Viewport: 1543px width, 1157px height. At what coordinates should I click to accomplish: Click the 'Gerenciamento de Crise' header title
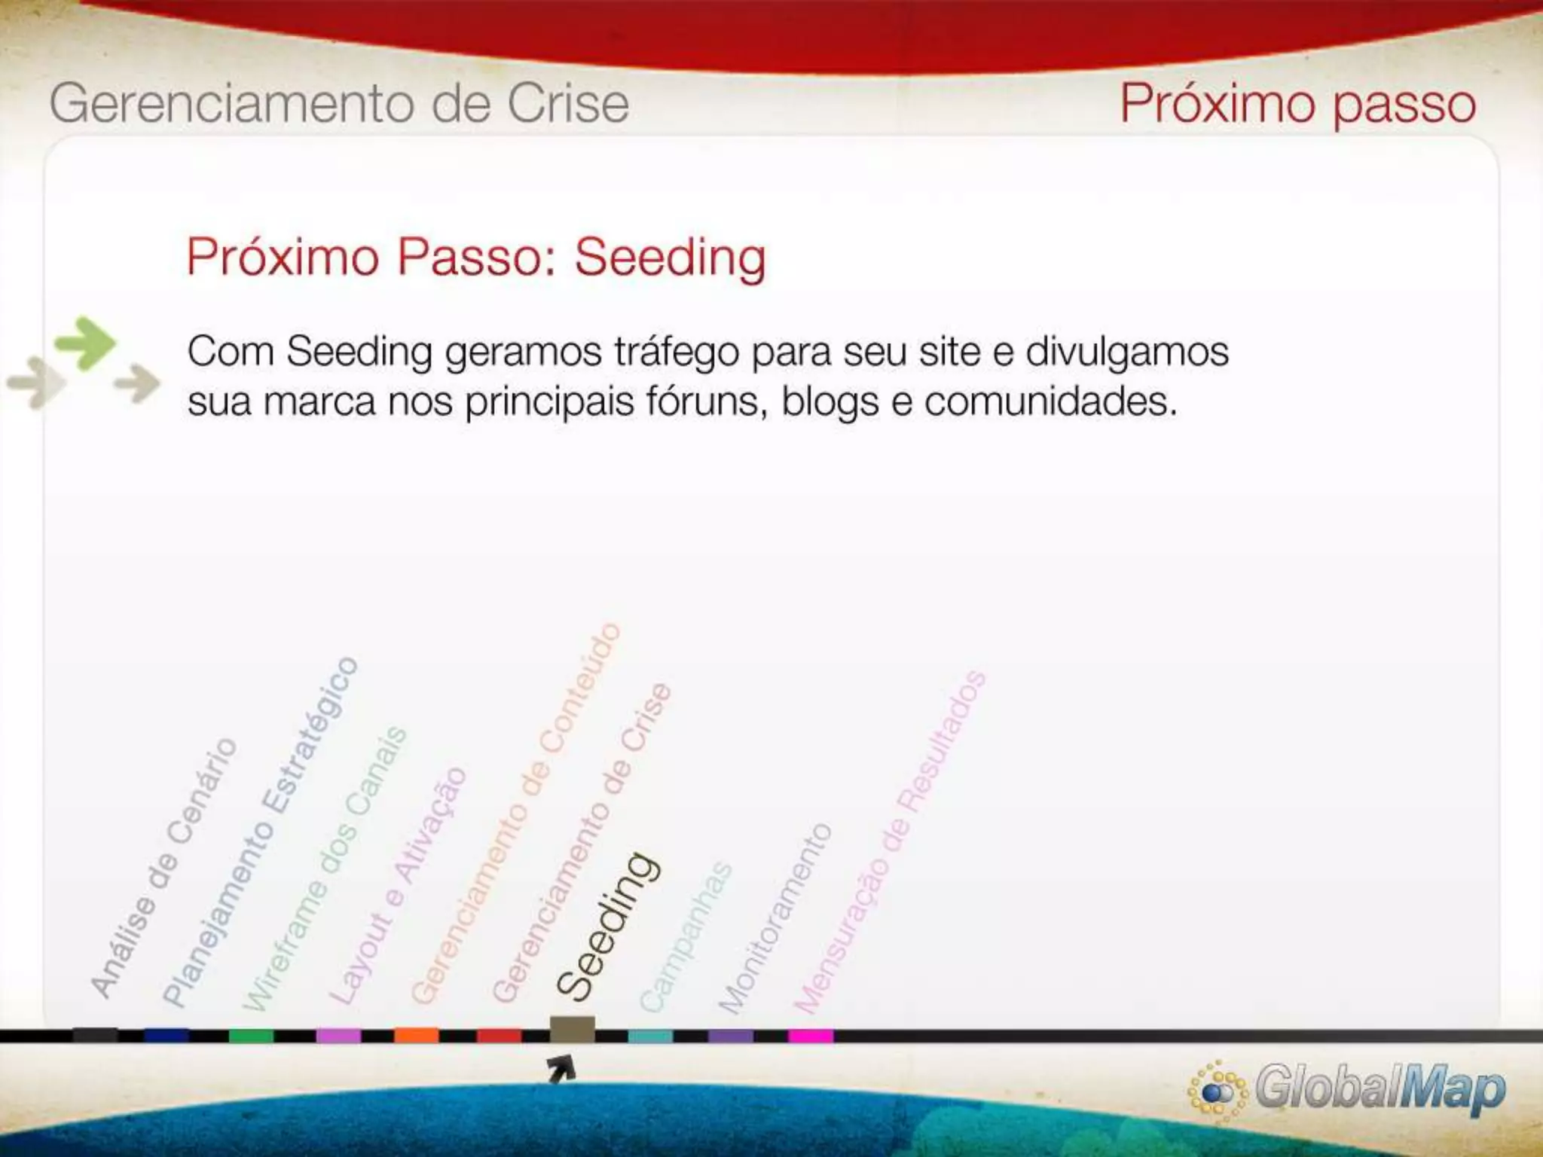tap(339, 103)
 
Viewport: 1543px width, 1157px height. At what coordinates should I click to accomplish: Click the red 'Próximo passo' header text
tap(1297, 103)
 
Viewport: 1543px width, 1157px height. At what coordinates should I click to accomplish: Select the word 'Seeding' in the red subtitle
tap(670, 258)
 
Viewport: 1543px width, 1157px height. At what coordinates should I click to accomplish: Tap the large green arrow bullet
tap(86, 343)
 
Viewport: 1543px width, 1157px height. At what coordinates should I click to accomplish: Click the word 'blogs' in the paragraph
tap(830, 401)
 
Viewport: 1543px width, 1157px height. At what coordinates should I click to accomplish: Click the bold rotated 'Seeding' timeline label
tap(608, 927)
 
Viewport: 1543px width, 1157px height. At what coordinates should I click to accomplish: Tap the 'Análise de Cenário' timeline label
tap(163, 869)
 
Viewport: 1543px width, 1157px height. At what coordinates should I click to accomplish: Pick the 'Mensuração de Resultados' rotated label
tap(890, 842)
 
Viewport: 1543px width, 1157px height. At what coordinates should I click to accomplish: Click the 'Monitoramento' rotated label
tap(775, 919)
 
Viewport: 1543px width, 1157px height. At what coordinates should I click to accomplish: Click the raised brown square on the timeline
tap(572, 1029)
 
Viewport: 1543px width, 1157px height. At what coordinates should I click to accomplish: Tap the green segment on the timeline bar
tap(251, 1036)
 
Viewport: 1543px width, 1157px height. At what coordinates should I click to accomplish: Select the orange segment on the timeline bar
tap(416, 1036)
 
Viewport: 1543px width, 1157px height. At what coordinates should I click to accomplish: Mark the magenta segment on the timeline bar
tap(811, 1036)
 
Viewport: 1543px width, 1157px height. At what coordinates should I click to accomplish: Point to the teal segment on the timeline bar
tap(650, 1036)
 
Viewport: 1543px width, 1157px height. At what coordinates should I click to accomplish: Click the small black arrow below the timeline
tap(561, 1068)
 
